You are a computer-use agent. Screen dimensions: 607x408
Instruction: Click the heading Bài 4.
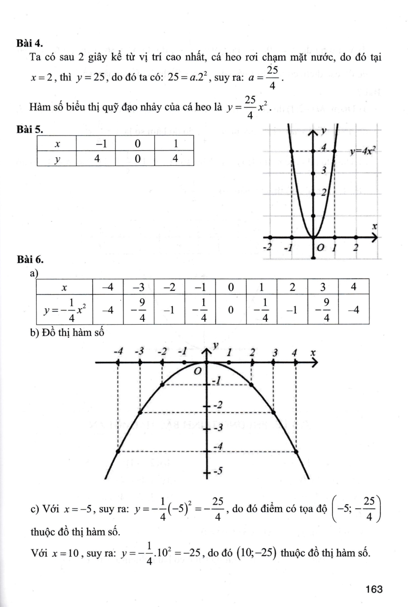click(30, 43)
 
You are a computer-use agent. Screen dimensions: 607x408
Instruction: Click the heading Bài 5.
click(30, 129)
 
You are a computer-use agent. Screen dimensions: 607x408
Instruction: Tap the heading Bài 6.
click(30, 259)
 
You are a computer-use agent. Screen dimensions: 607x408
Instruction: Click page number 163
click(373, 589)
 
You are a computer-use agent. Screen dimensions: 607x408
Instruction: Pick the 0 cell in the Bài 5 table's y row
click(138, 159)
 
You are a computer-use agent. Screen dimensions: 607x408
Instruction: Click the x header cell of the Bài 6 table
click(64, 288)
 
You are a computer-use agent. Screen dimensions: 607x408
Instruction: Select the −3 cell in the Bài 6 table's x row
click(138, 288)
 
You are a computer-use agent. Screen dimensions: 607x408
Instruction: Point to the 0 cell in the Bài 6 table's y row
click(231, 310)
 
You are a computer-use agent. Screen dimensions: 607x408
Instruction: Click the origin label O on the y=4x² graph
click(320, 247)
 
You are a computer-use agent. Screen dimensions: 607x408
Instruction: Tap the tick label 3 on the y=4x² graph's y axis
click(323, 170)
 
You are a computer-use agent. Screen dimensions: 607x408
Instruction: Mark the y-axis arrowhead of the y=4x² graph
click(313, 133)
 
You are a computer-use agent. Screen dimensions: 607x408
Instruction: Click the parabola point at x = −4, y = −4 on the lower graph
click(118, 451)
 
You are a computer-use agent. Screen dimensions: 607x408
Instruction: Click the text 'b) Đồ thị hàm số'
click(67, 333)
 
